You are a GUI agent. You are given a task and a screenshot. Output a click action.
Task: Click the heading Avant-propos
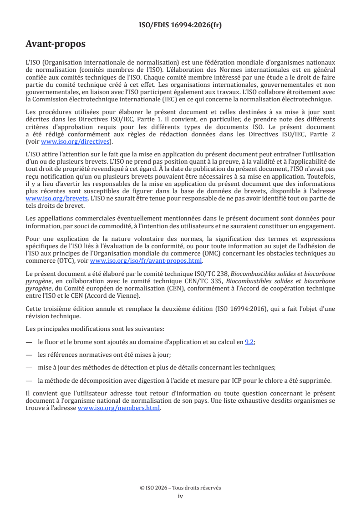pyautogui.click(x=56, y=45)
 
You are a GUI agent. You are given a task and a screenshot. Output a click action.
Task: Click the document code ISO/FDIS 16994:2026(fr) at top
pyautogui.click(x=180, y=25)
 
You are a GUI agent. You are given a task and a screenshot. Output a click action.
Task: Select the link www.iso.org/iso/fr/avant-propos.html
pyautogui.click(x=146, y=261)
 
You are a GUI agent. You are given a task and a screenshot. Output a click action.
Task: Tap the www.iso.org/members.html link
pyautogui.click(x=119, y=408)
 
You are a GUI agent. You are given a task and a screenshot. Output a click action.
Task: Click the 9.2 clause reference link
pyautogui.click(x=249, y=342)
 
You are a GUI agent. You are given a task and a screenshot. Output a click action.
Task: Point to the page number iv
pyautogui.click(x=180, y=496)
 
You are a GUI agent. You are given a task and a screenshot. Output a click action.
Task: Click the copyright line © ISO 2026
pyautogui.click(x=180, y=488)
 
